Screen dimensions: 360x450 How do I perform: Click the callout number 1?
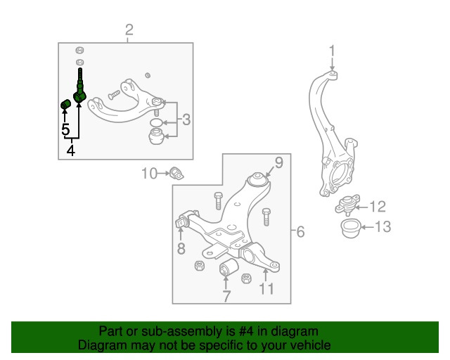coord(333,51)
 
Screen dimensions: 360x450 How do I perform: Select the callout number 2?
coord(129,30)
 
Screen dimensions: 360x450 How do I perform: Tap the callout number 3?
coord(186,120)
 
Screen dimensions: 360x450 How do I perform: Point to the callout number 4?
coord(70,150)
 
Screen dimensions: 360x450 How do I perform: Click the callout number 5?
coord(65,129)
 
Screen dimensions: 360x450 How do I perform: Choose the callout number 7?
coord(226,296)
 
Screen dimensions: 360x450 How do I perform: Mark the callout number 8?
coord(181,248)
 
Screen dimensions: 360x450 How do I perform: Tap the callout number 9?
coord(278,164)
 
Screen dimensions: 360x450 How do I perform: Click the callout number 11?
coord(266,288)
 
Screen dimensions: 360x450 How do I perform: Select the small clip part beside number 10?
coord(175,173)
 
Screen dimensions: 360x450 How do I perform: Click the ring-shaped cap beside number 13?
coord(349,229)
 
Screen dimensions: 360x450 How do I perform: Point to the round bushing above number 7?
coord(226,268)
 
